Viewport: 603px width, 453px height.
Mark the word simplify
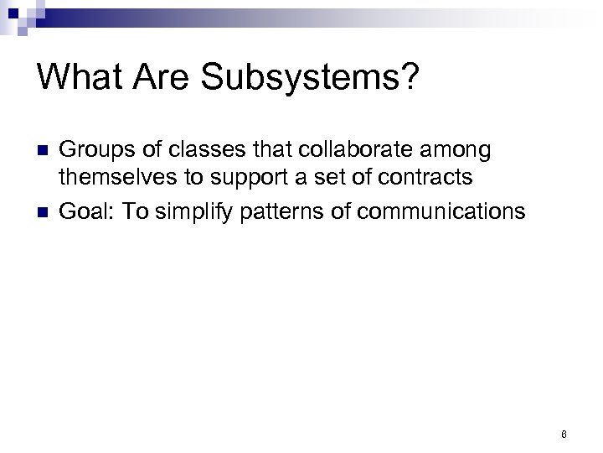pos(194,211)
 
